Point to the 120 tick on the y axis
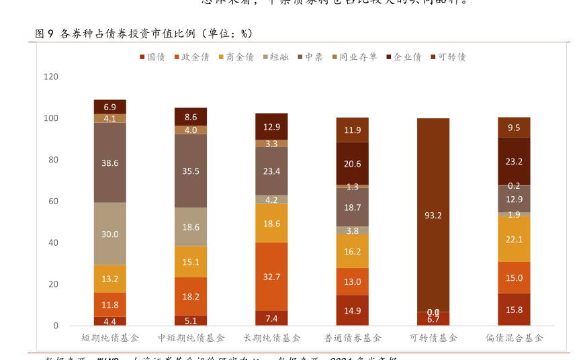pyautogui.click(x=51, y=77)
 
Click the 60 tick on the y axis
pyautogui.click(x=53, y=201)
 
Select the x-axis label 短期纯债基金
pyautogui.click(x=110, y=337)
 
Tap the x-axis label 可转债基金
pyautogui.click(x=433, y=337)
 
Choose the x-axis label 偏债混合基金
pyautogui.click(x=514, y=337)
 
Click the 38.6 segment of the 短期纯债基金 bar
pyautogui.click(x=110, y=163)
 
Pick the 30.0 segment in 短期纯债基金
pyautogui.click(x=110, y=234)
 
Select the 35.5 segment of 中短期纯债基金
pyautogui.click(x=191, y=171)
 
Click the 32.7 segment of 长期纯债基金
pyautogui.click(x=271, y=276)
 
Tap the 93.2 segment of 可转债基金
pyautogui.click(x=433, y=215)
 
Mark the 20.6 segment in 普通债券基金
pyautogui.click(x=353, y=163)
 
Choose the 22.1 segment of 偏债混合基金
pyautogui.click(x=514, y=239)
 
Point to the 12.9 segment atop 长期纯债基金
pyautogui.click(x=271, y=126)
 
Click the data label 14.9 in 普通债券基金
pyautogui.click(x=353, y=311)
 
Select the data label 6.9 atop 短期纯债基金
pyautogui.click(x=110, y=107)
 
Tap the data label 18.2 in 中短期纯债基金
pyautogui.click(x=191, y=296)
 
